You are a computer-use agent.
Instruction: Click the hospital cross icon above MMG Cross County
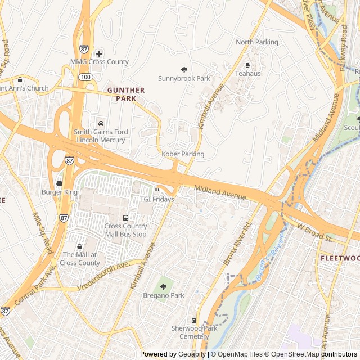(x=100, y=53)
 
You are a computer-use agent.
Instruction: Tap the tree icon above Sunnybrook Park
(x=184, y=70)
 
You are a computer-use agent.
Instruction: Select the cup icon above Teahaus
(x=248, y=65)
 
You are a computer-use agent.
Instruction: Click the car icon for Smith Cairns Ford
(x=101, y=123)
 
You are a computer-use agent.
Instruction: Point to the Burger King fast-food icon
(x=59, y=183)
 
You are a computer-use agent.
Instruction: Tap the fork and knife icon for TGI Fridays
(x=157, y=191)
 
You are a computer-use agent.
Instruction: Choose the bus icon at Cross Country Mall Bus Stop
(x=125, y=218)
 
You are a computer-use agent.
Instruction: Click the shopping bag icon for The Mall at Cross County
(x=79, y=246)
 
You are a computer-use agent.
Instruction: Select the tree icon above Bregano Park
(x=163, y=287)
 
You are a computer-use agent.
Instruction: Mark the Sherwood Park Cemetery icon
(x=195, y=319)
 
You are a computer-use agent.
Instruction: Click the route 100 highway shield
(x=85, y=76)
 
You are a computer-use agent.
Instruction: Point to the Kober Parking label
(x=183, y=154)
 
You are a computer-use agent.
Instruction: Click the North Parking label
(x=256, y=42)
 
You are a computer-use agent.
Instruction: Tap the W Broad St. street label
(x=314, y=231)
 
